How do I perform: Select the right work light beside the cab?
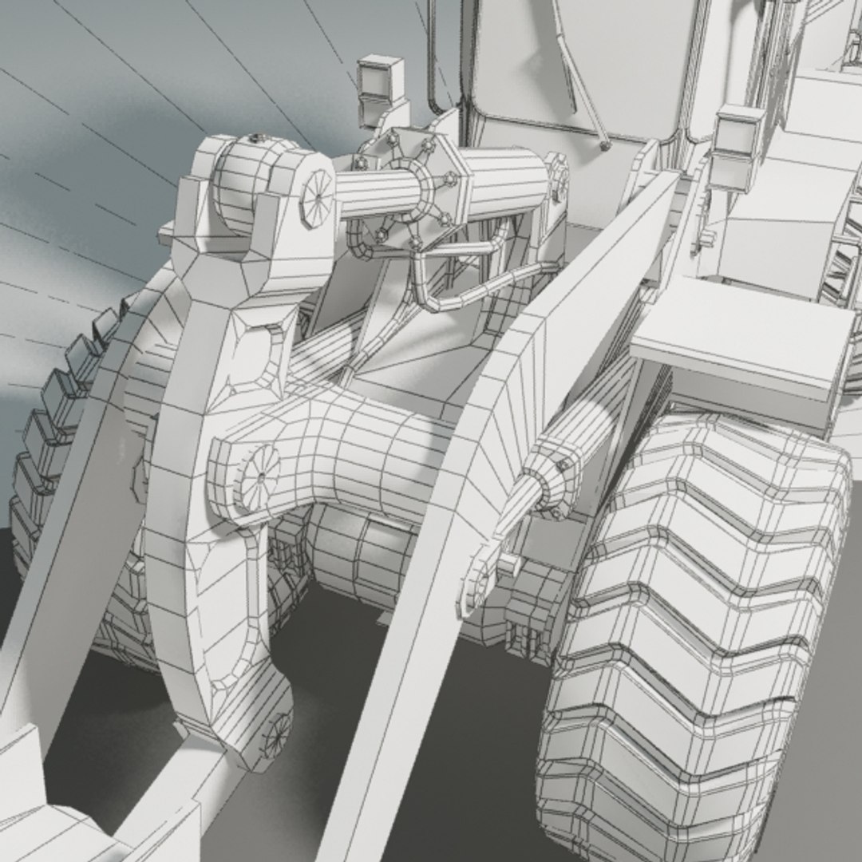tap(737, 144)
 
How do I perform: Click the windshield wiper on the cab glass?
tap(583, 88)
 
